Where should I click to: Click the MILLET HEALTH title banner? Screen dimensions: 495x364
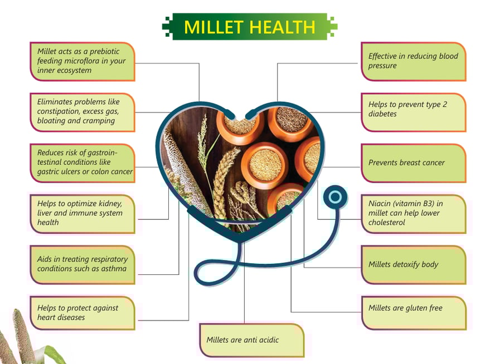tap(250, 27)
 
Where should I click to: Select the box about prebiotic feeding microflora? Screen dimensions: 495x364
tap(82, 61)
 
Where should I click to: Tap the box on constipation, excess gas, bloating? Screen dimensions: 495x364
tap(82, 112)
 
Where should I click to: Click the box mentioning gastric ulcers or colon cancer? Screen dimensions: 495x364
tap(82, 163)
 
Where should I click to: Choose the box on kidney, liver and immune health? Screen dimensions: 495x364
tap(82, 214)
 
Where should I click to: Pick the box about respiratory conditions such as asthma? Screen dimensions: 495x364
tap(82, 265)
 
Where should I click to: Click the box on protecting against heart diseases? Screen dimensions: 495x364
tap(82, 313)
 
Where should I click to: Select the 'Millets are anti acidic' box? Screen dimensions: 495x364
tap(252, 340)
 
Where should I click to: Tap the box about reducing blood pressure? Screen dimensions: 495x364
tap(414, 61)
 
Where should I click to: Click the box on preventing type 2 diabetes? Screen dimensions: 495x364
tap(414, 112)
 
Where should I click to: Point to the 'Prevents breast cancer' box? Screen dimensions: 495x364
tap(414, 163)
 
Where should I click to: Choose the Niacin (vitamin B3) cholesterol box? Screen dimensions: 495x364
tap(414, 214)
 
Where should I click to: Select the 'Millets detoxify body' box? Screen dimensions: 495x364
tap(414, 265)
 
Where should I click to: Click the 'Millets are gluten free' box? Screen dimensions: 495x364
tap(414, 313)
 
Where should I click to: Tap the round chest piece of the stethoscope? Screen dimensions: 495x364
tap(335, 197)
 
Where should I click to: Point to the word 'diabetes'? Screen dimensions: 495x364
tap(382, 114)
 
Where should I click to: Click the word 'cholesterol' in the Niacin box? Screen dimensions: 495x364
tap(386, 223)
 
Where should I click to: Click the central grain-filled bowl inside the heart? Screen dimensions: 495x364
tap(265, 165)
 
